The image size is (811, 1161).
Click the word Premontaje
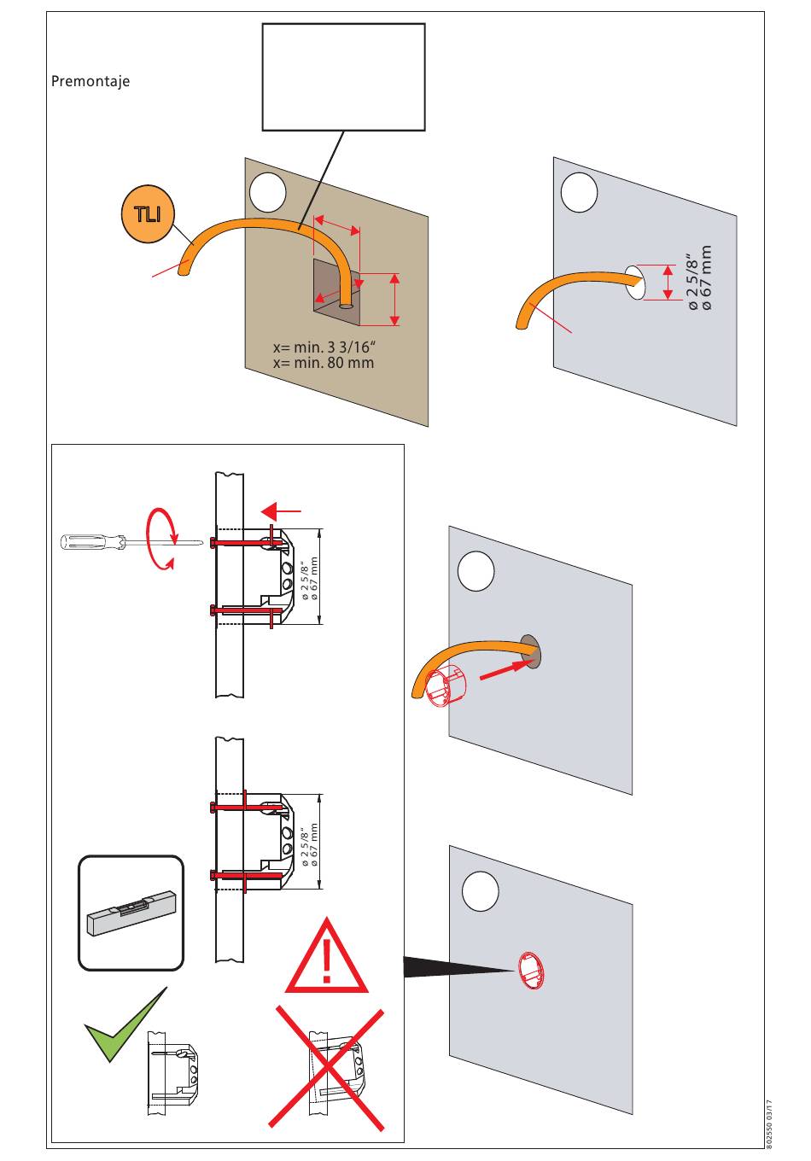tap(90, 82)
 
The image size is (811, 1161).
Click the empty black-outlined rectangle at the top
tap(343, 77)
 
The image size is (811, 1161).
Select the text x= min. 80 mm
tap(323, 363)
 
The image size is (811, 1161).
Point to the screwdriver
tap(128, 540)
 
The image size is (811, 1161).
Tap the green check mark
tap(123, 1024)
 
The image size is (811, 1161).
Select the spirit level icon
tap(131, 913)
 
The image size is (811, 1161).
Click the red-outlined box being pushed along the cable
tap(446, 688)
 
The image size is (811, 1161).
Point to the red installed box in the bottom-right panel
tap(529, 971)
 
